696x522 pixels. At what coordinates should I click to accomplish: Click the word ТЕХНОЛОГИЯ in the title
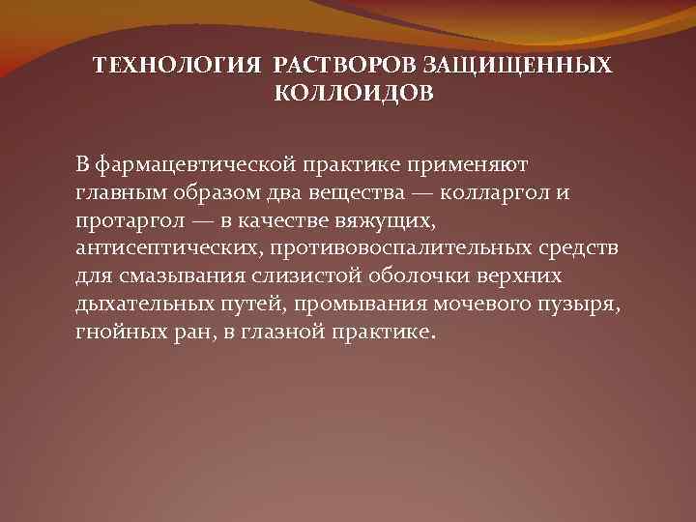(177, 65)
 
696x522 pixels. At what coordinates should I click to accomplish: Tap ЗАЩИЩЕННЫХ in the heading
(518, 65)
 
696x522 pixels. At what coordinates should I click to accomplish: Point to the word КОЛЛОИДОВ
(354, 94)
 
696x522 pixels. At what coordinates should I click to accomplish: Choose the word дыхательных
(139, 304)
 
